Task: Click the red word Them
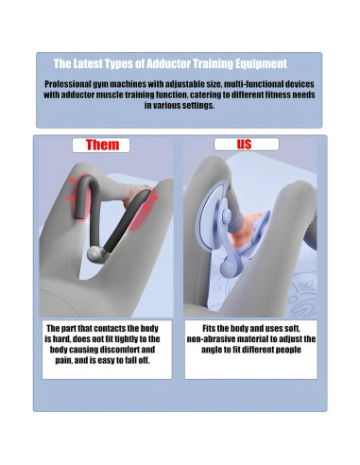pyautogui.click(x=102, y=145)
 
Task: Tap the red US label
pyautogui.click(x=244, y=145)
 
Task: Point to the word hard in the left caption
pyautogui.click(x=60, y=339)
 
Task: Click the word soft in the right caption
pyautogui.click(x=292, y=329)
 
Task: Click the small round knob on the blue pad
pyautogui.click(x=226, y=215)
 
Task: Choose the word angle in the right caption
pyautogui.click(x=211, y=350)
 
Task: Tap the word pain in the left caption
pyautogui.click(x=63, y=360)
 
